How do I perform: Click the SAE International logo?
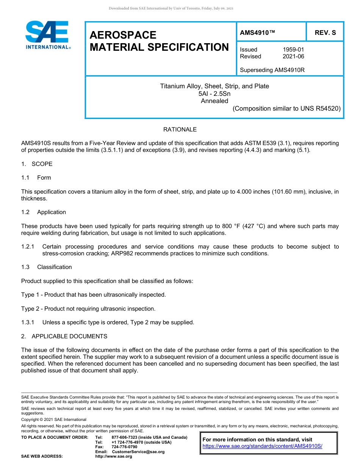click(47, 35)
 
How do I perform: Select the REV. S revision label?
click(325, 33)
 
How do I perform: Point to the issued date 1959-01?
click(293, 50)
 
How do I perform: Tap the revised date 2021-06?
click(293, 56)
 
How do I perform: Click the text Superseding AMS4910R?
click(272, 70)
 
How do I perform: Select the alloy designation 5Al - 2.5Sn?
click(214, 94)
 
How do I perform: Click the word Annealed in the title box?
click(214, 101)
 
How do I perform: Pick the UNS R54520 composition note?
click(287, 108)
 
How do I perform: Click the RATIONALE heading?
click(180, 130)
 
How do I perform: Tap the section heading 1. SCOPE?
click(37, 164)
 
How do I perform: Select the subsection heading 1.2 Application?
click(44, 212)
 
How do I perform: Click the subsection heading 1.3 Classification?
click(46, 267)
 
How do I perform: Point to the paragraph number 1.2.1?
click(28, 247)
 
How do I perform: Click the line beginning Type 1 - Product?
click(93, 295)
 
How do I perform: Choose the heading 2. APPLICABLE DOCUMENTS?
click(64, 336)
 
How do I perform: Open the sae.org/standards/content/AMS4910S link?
click(262, 446)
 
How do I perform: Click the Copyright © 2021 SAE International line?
click(54, 419)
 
